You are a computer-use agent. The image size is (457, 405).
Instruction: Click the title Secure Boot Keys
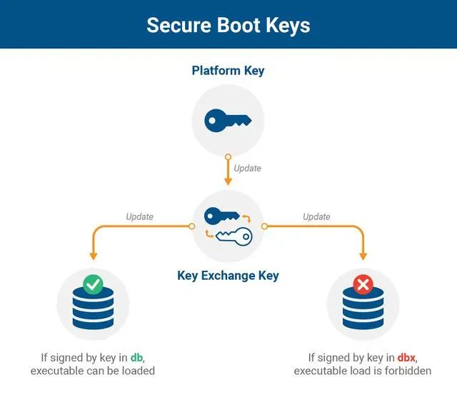[x=228, y=25]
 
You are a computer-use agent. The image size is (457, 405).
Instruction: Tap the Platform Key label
[x=228, y=71]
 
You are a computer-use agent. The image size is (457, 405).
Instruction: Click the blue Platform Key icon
[x=228, y=121]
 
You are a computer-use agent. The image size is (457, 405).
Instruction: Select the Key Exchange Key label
[x=228, y=275]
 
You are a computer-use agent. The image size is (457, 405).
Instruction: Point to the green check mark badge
[x=93, y=285]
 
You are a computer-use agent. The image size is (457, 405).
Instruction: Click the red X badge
[x=363, y=285]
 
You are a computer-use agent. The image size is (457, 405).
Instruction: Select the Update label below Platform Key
[x=248, y=169]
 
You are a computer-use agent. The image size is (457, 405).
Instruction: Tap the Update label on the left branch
[x=139, y=216]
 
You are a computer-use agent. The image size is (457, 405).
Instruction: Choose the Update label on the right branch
[x=316, y=216]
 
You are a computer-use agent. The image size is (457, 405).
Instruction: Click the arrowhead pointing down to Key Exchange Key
[x=228, y=181]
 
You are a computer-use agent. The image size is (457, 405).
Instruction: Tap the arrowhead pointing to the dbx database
[x=363, y=254]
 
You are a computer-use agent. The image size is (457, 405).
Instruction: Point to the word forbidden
[x=406, y=371]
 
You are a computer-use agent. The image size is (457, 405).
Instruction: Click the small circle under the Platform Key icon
[x=228, y=156]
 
